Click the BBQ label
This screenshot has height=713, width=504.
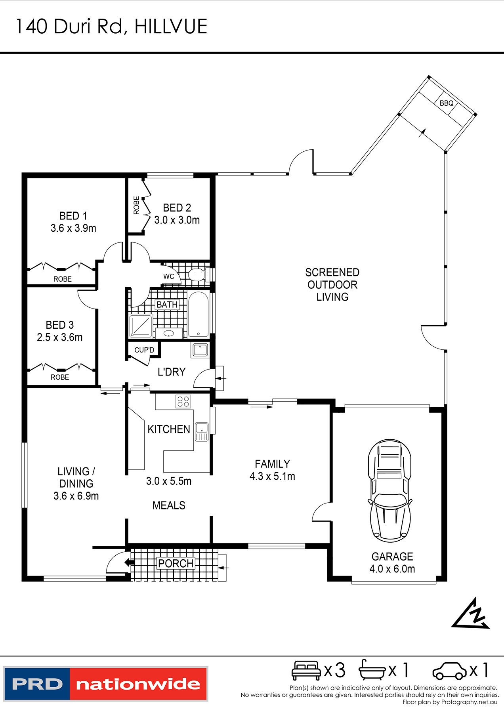point(447,103)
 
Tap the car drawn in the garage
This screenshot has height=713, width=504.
point(390,490)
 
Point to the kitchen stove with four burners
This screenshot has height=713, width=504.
point(183,401)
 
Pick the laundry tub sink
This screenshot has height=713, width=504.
point(200,350)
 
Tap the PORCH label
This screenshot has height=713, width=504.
point(176,563)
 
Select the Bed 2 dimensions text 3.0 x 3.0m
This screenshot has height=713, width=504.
point(177,220)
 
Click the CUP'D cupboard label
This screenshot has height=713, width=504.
point(144,350)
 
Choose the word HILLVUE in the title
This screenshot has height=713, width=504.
point(171,27)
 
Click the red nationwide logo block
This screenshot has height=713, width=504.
point(138,684)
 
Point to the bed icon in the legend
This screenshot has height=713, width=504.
point(306,670)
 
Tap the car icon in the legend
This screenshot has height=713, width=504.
point(450,671)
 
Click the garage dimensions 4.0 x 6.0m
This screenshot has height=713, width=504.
point(392,569)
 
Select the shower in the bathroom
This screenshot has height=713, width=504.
point(141,326)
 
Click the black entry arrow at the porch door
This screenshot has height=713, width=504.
point(129,562)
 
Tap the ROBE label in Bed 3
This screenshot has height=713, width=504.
point(60,377)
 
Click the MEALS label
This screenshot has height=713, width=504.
point(169,505)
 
